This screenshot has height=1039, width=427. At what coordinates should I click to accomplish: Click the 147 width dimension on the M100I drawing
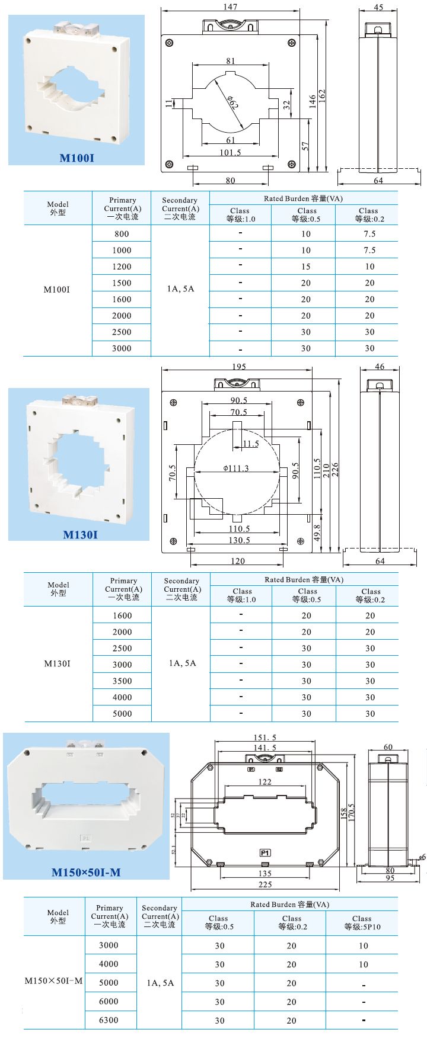click(x=230, y=7)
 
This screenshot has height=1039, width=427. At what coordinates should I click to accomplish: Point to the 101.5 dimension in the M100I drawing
click(x=230, y=152)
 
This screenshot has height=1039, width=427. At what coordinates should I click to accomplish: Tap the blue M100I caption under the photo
click(x=77, y=158)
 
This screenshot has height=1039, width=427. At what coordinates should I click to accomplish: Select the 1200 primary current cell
click(x=122, y=267)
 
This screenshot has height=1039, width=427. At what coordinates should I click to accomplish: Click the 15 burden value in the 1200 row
click(x=305, y=267)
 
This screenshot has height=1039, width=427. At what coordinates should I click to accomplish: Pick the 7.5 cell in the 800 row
click(x=369, y=234)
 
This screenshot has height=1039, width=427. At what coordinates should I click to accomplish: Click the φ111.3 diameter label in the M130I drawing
click(x=236, y=468)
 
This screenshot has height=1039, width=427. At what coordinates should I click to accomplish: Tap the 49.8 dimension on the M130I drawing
click(x=317, y=533)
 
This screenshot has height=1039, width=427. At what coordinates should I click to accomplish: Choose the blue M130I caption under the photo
click(x=80, y=535)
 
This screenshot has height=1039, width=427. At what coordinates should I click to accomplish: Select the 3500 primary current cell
click(x=122, y=681)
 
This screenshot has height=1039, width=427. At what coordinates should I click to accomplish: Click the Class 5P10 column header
click(x=362, y=922)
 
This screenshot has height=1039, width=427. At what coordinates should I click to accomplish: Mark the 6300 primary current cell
click(x=109, y=1020)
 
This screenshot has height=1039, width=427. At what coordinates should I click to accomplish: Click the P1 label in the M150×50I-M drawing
click(x=265, y=853)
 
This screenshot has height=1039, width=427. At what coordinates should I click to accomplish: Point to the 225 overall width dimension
click(x=265, y=884)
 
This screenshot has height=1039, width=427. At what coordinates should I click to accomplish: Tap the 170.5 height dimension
click(x=351, y=816)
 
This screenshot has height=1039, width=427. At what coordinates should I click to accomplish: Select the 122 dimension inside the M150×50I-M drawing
click(x=265, y=782)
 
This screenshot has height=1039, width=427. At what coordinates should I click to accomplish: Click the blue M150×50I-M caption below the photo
click(x=86, y=872)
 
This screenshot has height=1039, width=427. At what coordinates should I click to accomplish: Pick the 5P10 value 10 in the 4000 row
click(x=363, y=964)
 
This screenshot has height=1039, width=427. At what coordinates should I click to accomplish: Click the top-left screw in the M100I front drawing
click(x=170, y=43)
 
